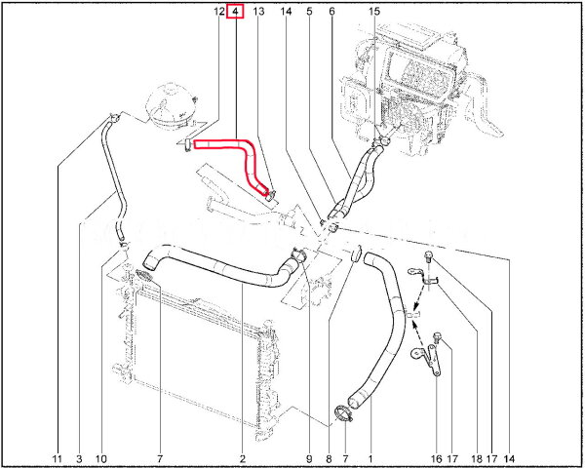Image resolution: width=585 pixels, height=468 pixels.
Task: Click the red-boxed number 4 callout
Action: (x=235, y=11)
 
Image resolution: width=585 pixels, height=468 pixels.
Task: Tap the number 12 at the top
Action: (x=219, y=11)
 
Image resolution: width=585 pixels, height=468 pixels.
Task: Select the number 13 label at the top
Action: (x=258, y=11)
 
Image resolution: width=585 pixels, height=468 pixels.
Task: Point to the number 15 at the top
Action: (x=374, y=11)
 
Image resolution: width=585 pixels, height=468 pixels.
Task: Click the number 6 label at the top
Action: (x=332, y=11)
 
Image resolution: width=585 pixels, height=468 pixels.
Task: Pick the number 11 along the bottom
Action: (x=58, y=458)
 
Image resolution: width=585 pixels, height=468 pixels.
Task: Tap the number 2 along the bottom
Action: (x=243, y=458)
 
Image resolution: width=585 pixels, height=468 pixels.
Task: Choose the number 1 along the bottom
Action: (x=370, y=458)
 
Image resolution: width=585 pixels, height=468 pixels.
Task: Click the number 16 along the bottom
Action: (x=436, y=458)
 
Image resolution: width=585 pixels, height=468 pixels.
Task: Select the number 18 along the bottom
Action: (x=477, y=458)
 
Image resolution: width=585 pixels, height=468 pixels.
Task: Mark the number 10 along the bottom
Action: (x=101, y=458)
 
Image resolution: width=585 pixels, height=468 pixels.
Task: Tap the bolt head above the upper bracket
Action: (x=428, y=256)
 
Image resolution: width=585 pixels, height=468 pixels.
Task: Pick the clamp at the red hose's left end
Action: (x=187, y=145)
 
